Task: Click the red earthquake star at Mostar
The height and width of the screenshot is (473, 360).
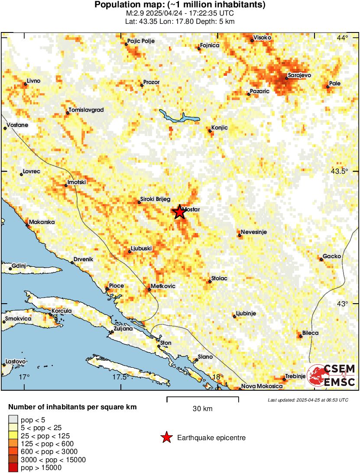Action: point(179,212)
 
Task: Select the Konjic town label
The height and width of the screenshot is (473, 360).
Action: point(220,127)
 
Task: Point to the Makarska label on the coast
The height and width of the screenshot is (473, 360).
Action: point(42,222)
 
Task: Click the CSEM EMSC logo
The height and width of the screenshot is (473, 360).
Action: point(331,375)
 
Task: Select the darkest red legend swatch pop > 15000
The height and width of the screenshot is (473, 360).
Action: point(14,467)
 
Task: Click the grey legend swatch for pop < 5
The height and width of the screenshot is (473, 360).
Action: point(14,419)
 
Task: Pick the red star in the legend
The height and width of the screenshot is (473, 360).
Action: point(166,438)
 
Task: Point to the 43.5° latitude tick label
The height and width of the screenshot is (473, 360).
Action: point(339,172)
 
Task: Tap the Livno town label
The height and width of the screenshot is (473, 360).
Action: point(33,81)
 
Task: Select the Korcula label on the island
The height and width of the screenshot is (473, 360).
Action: point(62,311)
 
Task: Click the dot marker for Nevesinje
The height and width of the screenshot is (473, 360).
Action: point(239,236)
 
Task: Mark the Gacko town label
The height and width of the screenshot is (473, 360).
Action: point(332,256)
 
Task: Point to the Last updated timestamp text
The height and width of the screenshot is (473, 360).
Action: point(308,400)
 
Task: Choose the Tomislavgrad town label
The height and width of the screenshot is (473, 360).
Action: point(87,110)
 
